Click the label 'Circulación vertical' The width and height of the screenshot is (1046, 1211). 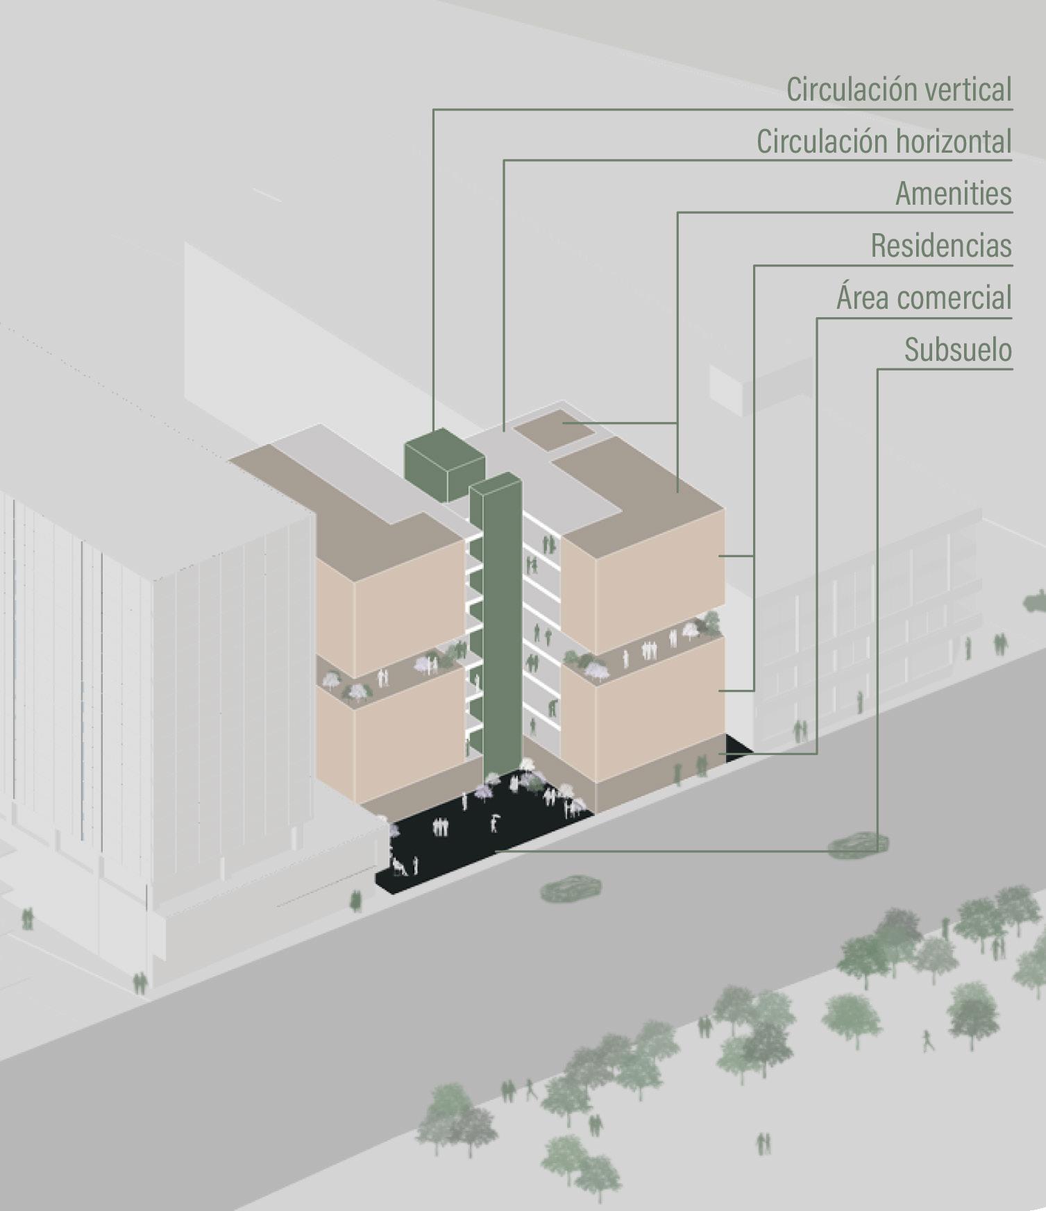coord(899,90)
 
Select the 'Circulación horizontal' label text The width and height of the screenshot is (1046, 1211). coord(884,142)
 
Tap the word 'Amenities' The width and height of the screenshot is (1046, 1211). coord(953,194)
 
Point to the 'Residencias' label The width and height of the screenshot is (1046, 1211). coord(941,246)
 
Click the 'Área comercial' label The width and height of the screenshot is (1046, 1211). coord(924,298)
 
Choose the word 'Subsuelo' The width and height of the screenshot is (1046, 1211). coord(958,350)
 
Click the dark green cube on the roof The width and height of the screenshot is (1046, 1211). coord(443,464)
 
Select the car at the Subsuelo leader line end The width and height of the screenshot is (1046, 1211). coord(858,843)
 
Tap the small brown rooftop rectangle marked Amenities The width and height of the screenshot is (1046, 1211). coord(557,427)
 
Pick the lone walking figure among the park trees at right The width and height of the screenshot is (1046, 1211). coord(927,1040)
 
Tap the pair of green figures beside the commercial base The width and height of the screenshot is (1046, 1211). coord(701,767)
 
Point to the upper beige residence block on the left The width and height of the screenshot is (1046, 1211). coord(389,604)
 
